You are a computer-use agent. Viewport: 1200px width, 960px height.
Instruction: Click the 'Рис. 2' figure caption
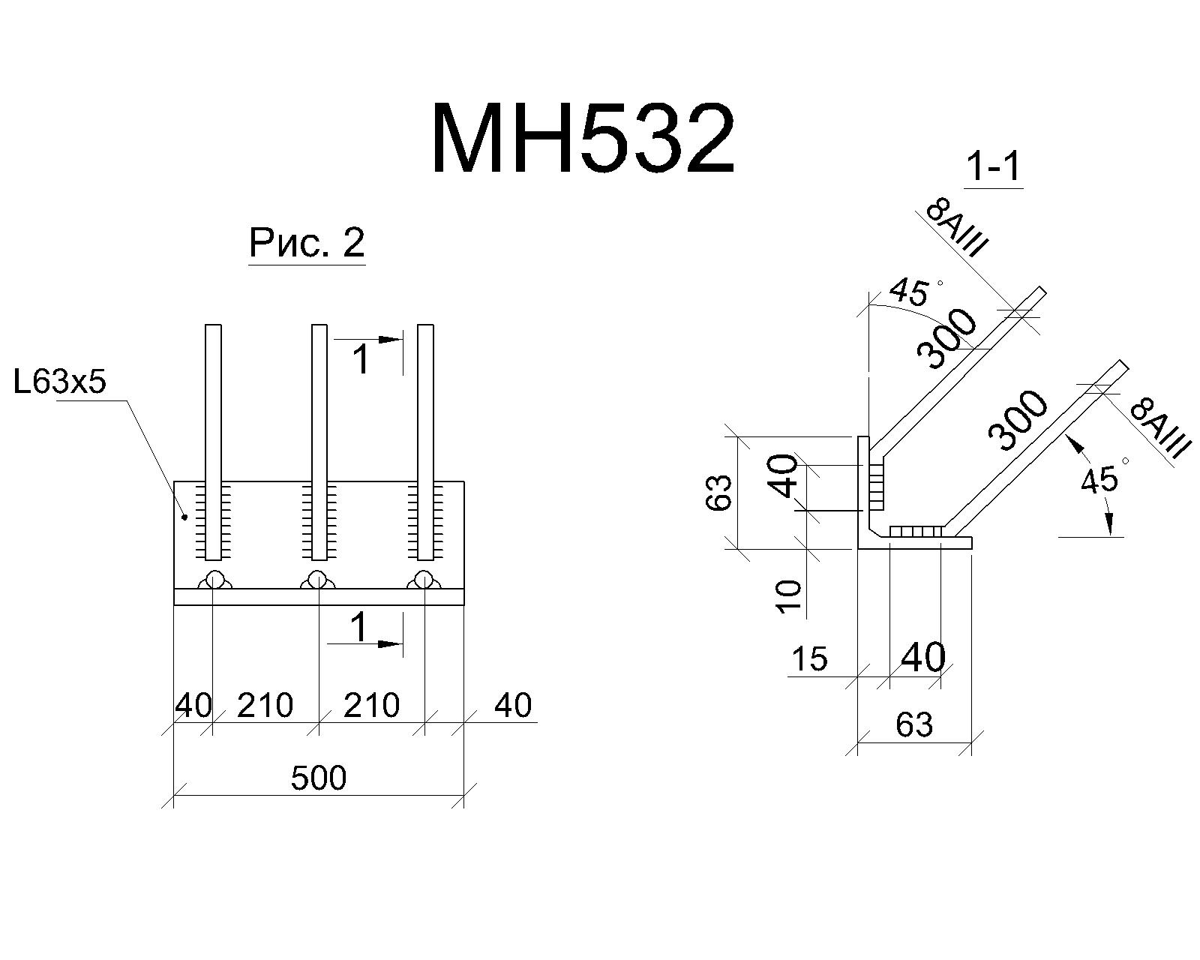(x=307, y=243)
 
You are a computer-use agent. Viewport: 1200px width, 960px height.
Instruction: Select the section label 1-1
(x=994, y=166)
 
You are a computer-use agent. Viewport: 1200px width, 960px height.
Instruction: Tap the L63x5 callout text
(x=60, y=382)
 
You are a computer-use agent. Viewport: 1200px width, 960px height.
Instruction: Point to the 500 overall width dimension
(x=319, y=778)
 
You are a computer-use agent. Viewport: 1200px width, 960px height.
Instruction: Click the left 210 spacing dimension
(x=265, y=705)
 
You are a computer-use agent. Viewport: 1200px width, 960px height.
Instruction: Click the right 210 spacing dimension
(x=371, y=705)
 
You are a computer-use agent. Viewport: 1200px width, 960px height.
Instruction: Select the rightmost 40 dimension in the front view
(x=513, y=705)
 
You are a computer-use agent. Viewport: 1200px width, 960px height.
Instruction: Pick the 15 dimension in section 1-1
(x=810, y=658)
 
